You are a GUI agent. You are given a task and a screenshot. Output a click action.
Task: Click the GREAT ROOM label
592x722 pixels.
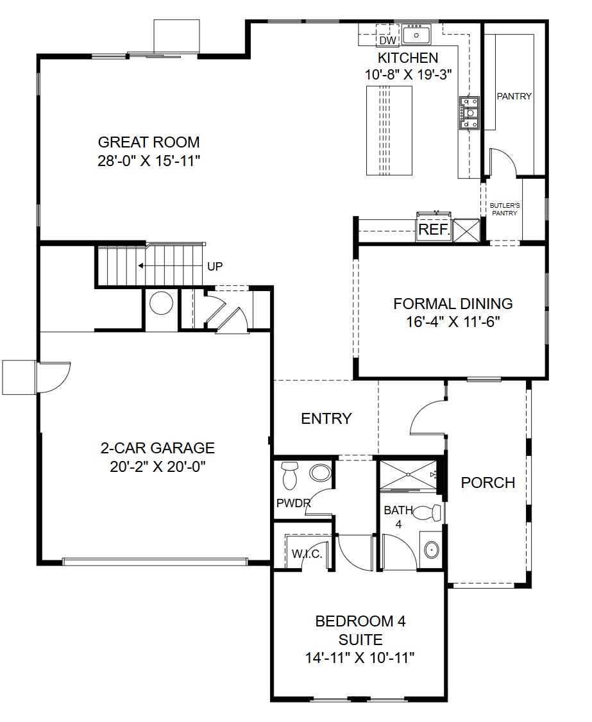(148, 142)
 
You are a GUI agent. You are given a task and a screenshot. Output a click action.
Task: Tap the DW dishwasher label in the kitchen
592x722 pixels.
(387, 41)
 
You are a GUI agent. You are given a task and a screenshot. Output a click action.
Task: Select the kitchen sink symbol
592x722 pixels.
(417, 33)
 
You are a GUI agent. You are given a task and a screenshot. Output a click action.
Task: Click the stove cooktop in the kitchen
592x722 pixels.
(469, 113)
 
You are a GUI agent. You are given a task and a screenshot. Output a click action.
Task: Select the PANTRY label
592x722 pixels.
(514, 96)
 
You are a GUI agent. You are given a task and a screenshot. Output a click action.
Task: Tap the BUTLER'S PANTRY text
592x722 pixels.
(504, 209)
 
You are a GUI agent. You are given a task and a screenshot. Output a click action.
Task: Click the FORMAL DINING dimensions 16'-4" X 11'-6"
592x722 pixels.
(453, 322)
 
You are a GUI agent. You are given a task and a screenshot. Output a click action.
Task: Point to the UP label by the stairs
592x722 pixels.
(216, 266)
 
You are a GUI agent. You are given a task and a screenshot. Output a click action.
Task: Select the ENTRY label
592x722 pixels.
(326, 419)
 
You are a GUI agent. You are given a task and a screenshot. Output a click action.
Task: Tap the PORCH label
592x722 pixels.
(488, 482)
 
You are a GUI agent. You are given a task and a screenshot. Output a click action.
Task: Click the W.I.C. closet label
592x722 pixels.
(307, 553)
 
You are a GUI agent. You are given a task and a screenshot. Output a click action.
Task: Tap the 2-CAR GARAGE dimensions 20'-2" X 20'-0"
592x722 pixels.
(157, 466)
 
